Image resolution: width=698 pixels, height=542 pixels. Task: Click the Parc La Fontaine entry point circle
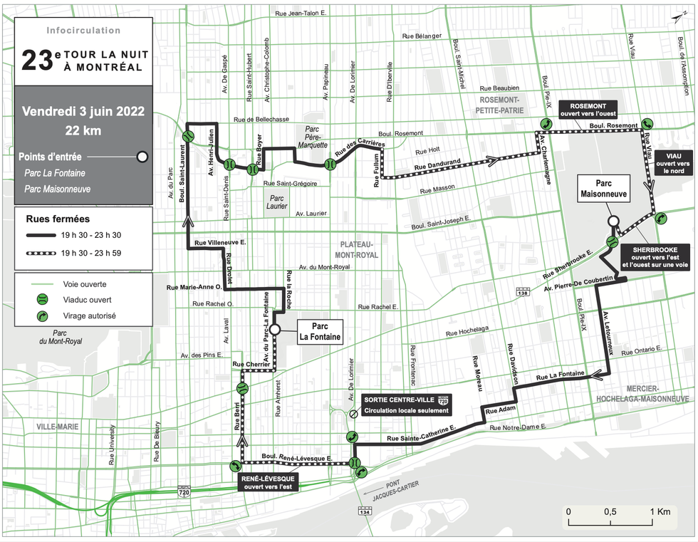coord(274,328)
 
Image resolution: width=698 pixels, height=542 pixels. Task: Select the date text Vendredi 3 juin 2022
coord(83,111)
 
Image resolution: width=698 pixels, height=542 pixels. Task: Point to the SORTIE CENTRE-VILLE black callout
coord(405,405)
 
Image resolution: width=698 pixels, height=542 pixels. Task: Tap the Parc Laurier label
coord(276,202)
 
